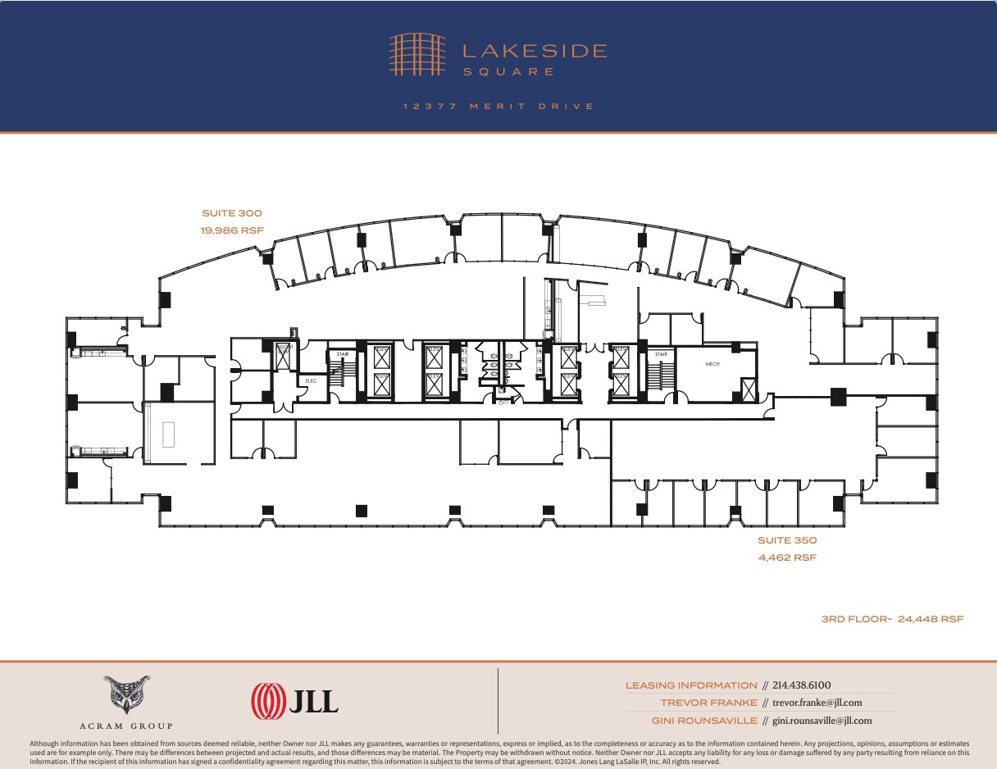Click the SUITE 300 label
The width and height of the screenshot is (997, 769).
(x=231, y=213)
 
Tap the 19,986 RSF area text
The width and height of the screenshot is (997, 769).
(x=231, y=230)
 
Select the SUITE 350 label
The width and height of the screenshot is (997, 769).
(x=786, y=540)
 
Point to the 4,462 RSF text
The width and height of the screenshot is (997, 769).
(x=786, y=557)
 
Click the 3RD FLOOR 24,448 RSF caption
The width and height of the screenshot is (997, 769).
(x=892, y=619)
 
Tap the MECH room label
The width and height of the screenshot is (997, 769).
(x=712, y=363)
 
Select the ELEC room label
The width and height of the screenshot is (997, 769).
(x=311, y=380)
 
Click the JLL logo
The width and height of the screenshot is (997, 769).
(x=294, y=701)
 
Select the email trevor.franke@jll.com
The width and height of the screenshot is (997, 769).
(x=817, y=703)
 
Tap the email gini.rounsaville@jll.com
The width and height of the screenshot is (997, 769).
(x=822, y=721)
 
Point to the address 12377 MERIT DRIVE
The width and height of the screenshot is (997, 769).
(x=498, y=107)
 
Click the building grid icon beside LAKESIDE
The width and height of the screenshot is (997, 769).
(x=417, y=54)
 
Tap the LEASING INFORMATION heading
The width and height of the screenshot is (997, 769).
(x=691, y=685)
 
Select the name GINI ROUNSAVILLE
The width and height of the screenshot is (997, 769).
(x=705, y=721)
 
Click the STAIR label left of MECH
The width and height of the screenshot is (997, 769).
(x=661, y=354)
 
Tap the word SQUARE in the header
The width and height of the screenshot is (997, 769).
(x=508, y=72)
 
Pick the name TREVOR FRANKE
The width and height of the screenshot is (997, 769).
(x=709, y=703)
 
